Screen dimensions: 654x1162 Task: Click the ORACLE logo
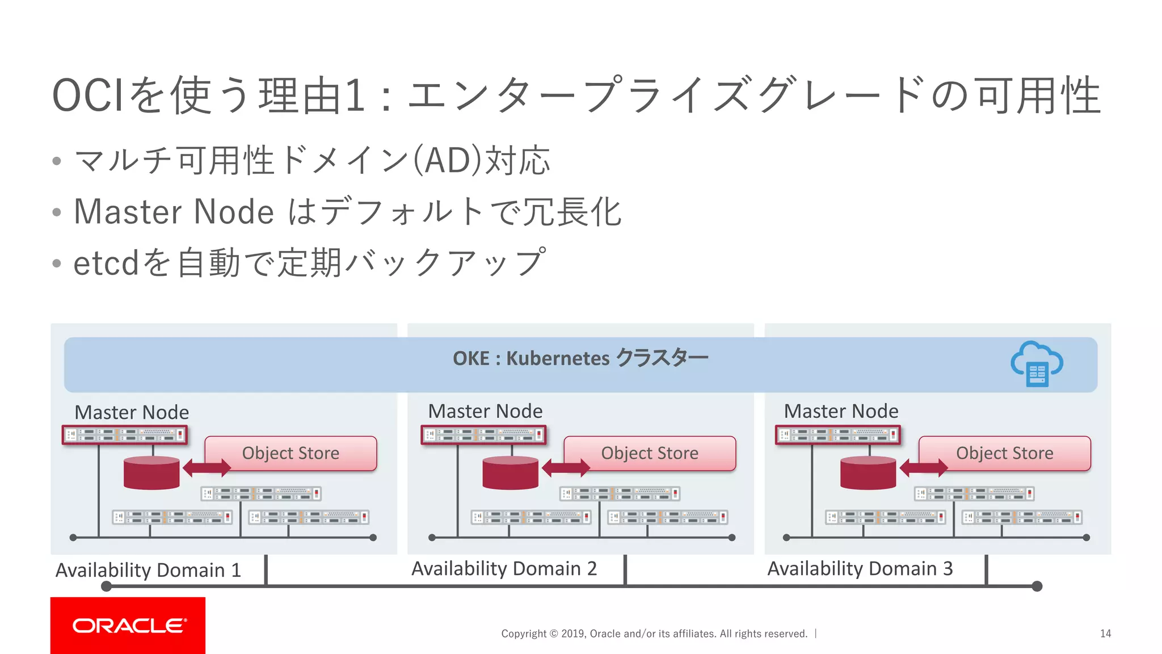(x=128, y=625)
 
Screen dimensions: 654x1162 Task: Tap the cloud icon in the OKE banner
(x=1037, y=364)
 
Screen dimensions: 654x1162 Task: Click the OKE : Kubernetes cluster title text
(x=580, y=358)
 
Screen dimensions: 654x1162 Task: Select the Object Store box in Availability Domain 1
(x=290, y=453)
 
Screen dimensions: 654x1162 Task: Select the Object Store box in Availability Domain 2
(x=650, y=453)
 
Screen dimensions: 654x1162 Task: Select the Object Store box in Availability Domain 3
(x=1004, y=453)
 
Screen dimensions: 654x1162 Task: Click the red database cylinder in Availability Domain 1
(x=151, y=473)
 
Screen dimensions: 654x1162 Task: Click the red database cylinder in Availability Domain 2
(x=510, y=473)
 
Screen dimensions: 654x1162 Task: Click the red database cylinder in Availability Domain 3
(x=868, y=473)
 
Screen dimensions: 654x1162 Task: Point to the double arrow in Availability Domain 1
(x=207, y=468)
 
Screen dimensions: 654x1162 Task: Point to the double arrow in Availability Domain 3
(x=924, y=468)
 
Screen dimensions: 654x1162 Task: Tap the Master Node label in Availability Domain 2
(x=485, y=411)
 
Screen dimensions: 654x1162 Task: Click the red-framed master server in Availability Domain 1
(x=125, y=435)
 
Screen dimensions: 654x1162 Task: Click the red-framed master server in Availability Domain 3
(x=838, y=435)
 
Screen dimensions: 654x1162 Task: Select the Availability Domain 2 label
(x=504, y=568)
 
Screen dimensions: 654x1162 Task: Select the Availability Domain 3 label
(x=860, y=568)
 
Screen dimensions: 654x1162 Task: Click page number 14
(x=1105, y=634)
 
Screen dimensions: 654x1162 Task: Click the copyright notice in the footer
(x=654, y=634)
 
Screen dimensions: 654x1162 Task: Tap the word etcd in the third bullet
(x=106, y=263)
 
